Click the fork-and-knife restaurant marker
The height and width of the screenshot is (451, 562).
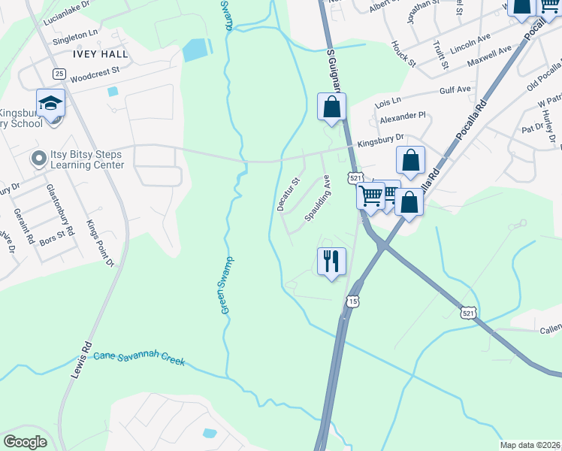331,262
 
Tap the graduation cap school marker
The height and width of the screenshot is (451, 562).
51,104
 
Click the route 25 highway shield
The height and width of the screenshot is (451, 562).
59,73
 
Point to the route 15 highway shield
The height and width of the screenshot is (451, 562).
352,301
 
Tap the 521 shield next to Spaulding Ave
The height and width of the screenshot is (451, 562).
355,177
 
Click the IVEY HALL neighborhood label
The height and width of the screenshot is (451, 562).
101,55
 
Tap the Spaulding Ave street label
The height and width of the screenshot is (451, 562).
318,198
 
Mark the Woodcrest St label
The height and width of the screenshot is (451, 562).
95,74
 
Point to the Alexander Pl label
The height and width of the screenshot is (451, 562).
403,117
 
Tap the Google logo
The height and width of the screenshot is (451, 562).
25,442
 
